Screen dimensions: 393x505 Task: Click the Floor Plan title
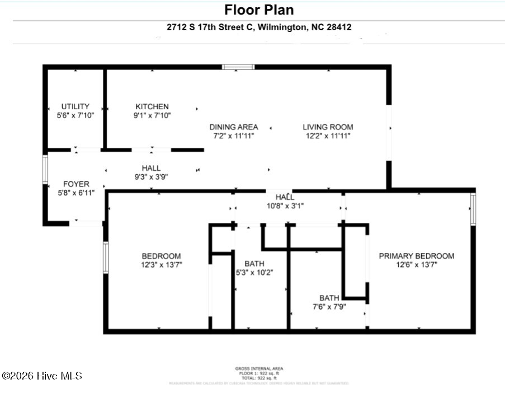click(x=258, y=10)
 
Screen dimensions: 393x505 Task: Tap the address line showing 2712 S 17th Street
click(x=258, y=27)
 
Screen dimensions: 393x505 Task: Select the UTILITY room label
click(x=75, y=106)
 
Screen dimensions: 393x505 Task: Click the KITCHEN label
click(x=152, y=106)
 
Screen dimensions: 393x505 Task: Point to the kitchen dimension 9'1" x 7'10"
click(x=152, y=115)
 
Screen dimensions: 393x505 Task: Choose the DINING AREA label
click(x=234, y=127)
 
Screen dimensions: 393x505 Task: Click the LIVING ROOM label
click(x=328, y=127)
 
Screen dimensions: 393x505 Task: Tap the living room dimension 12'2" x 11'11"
click(x=328, y=136)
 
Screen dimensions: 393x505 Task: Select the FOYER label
click(x=75, y=184)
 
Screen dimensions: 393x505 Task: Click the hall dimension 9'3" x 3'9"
click(x=151, y=177)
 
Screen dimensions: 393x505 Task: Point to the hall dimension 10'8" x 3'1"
click(x=285, y=205)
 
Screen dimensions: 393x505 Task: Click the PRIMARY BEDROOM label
click(x=417, y=256)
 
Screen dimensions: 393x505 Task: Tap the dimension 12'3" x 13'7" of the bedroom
click(x=161, y=265)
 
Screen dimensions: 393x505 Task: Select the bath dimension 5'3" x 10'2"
click(x=254, y=273)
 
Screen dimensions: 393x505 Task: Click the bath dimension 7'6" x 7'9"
click(x=329, y=306)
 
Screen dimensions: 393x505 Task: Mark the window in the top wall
click(x=238, y=67)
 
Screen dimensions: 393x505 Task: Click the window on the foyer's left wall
click(x=46, y=169)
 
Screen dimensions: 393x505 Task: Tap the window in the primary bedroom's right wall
click(x=473, y=209)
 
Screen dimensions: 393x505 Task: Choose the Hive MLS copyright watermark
click(x=42, y=376)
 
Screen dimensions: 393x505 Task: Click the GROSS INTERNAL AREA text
click(x=258, y=368)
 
